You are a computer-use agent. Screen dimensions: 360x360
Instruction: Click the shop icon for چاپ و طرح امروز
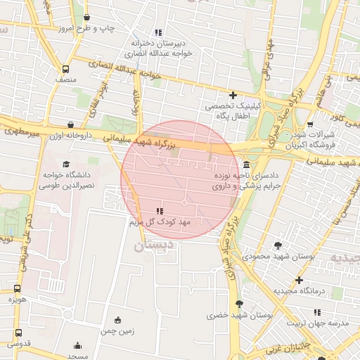tap(86, 18)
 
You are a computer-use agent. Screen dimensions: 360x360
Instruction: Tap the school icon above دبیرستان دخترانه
tap(158, 32)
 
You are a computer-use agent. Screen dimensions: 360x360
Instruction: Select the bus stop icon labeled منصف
tap(65, 70)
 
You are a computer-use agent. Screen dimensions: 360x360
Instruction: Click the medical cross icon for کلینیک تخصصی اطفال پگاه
tap(233, 95)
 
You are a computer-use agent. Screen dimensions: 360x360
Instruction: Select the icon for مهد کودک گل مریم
tap(159, 211)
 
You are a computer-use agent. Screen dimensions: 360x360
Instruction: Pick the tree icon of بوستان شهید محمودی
tap(278, 245)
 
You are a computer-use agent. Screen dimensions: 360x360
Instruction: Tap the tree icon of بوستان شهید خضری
tap(240, 304)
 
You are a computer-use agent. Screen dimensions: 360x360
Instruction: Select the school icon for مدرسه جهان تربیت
tap(317, 312)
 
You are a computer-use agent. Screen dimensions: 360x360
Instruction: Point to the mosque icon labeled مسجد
tap(77, 345)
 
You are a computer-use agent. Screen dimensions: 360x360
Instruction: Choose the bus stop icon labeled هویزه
tap(18, 288)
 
